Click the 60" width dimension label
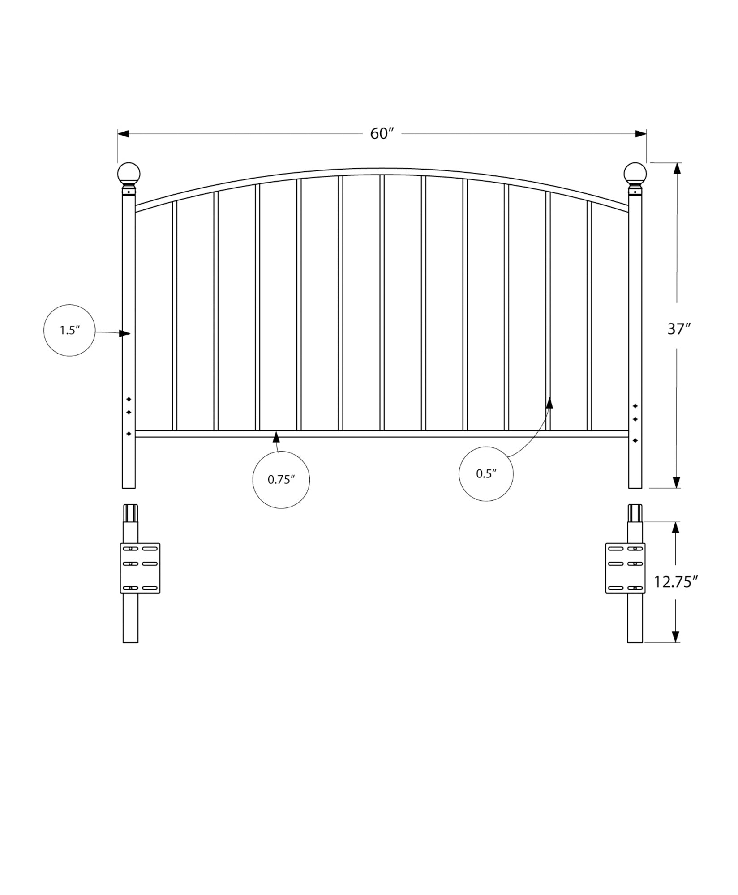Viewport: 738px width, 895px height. point(382,134)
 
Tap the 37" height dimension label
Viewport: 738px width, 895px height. point(679,329)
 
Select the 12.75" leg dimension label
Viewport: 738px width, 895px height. point(676,582)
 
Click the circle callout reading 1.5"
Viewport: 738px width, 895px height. point(69,330)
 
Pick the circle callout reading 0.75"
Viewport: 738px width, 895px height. point(281,480)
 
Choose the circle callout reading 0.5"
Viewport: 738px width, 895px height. point(486,473)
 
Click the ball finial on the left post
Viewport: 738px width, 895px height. point(129,174)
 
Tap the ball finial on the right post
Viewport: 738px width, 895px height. point(635,174)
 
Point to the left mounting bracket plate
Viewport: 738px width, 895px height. point(140,568)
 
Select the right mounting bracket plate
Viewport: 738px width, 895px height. point(625,568)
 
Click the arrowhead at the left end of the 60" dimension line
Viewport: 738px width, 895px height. point(124,134)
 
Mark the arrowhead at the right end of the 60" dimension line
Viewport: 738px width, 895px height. point(641,134)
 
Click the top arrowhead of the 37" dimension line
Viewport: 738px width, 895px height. point(677,169)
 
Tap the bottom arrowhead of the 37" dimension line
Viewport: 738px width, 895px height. point(677,482)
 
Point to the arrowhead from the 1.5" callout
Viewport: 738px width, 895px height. point(125,333)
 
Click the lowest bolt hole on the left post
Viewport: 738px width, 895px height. point(129,434)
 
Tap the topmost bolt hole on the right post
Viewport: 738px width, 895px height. point(635,406)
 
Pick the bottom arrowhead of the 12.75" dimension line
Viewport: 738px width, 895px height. point(676,637)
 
